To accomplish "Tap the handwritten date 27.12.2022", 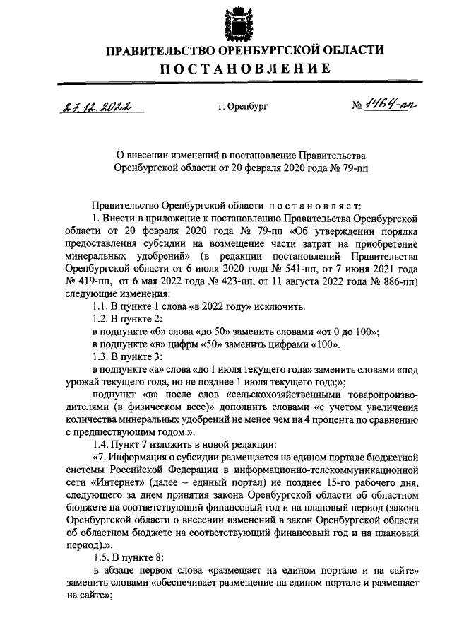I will tap(99, 107).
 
